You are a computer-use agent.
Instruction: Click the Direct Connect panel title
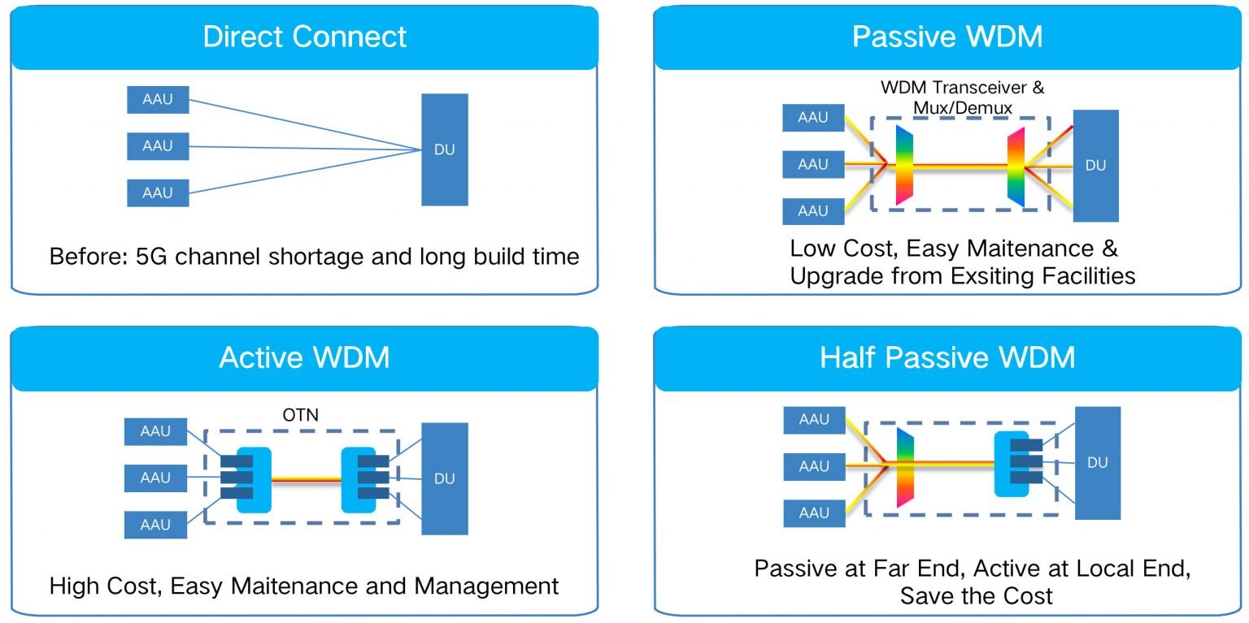(305, 37)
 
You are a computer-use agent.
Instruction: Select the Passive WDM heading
(947, 37)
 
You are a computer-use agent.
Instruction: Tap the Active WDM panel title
(304, 357)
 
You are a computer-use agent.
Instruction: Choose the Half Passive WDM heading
(947, 357)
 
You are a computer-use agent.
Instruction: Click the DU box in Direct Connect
(445, 149)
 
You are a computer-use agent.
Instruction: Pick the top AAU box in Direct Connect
(158, 100)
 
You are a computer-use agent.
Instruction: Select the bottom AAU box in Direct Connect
(158, 193)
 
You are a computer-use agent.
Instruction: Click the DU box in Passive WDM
(1095, 166)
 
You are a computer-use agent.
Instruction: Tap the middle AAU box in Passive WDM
(812, 164)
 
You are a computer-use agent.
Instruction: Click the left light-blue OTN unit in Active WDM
(254, 479)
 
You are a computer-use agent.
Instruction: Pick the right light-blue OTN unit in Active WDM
(359, 479)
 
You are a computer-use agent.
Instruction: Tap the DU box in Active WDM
(445, 478)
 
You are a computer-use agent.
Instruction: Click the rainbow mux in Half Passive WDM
(905, 467)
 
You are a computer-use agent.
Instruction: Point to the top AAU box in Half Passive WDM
(814, 420)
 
